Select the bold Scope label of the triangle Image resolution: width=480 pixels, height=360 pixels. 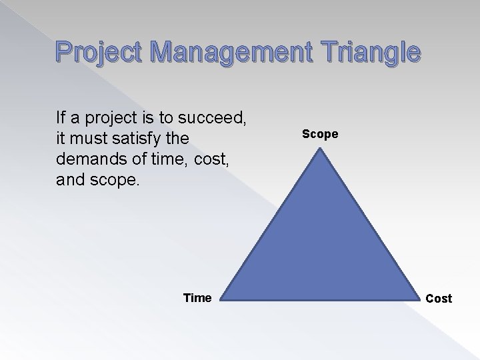tap(320, 134)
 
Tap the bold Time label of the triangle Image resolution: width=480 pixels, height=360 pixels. tap(197, 298)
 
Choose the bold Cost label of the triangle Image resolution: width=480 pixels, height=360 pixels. tap(438, 299)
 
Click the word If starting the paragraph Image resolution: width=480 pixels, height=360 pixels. tap(62, 120)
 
